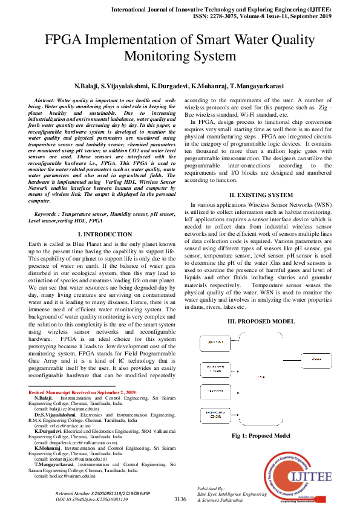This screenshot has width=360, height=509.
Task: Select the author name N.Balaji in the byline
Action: tap(85, 86)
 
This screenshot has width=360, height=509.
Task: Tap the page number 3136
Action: tap(180, 499)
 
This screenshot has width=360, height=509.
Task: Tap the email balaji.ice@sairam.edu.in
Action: tap(67, 409)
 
